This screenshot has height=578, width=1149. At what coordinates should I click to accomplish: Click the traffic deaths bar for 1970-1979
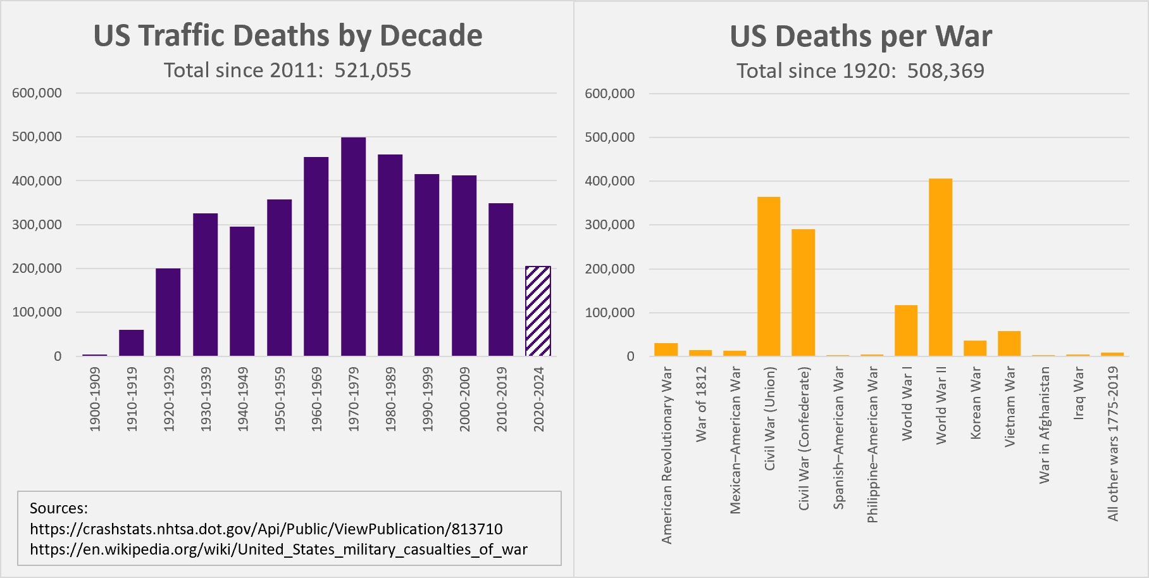[353, 247]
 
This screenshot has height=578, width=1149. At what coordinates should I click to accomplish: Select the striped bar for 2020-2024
[538, 311]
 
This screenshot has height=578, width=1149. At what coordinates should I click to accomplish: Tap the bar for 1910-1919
[132, 342]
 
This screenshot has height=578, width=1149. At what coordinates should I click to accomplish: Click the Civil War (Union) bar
[769, 276]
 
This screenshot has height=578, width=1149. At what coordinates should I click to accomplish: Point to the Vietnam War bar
[1009, 343]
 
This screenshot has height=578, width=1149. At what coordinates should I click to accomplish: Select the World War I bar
[906, 330]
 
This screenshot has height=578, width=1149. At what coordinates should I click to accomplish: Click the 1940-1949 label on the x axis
[243, 399]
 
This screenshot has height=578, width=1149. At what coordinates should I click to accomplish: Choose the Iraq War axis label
[1079, 393]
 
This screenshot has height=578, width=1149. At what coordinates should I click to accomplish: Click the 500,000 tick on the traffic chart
[37, 137]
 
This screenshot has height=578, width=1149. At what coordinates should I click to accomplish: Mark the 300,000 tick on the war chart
[609, 225]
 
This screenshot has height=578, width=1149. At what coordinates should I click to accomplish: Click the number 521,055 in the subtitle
[373, 70]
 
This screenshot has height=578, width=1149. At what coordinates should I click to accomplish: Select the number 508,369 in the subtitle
[945, 71]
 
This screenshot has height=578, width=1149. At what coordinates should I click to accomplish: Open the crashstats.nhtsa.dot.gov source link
[266, 529]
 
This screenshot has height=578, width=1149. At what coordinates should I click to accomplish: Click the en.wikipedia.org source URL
[278, 550]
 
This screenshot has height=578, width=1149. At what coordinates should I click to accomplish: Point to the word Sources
[59, 508]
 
